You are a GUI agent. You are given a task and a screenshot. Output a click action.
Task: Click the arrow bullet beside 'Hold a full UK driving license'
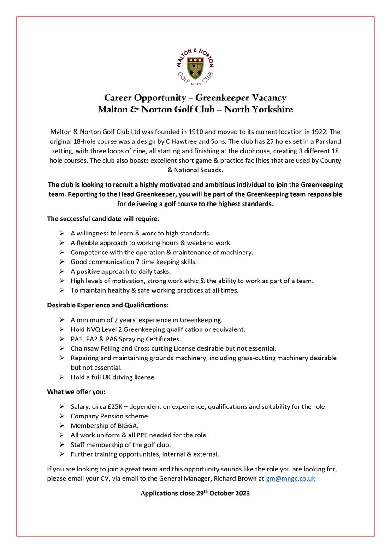[62, 377]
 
